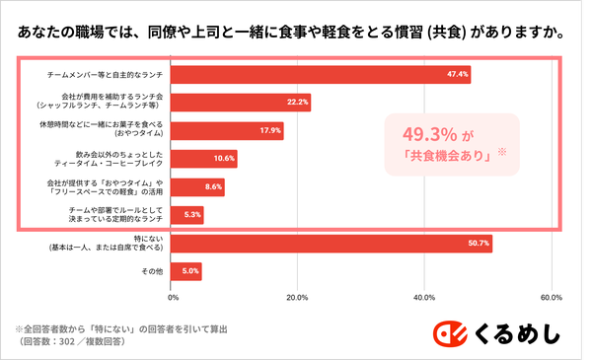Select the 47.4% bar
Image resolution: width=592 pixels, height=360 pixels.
tap(322, 74)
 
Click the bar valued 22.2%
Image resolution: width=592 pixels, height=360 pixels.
tap(243, 102)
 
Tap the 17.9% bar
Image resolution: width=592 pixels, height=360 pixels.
tap(229, 130)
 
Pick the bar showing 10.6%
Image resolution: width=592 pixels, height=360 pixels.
tap(205, 158)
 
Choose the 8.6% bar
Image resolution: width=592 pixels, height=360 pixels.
tap(199, 186)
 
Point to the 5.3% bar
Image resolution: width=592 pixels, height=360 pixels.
tap(188, 214)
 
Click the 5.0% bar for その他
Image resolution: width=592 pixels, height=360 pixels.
tap(187, 270)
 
